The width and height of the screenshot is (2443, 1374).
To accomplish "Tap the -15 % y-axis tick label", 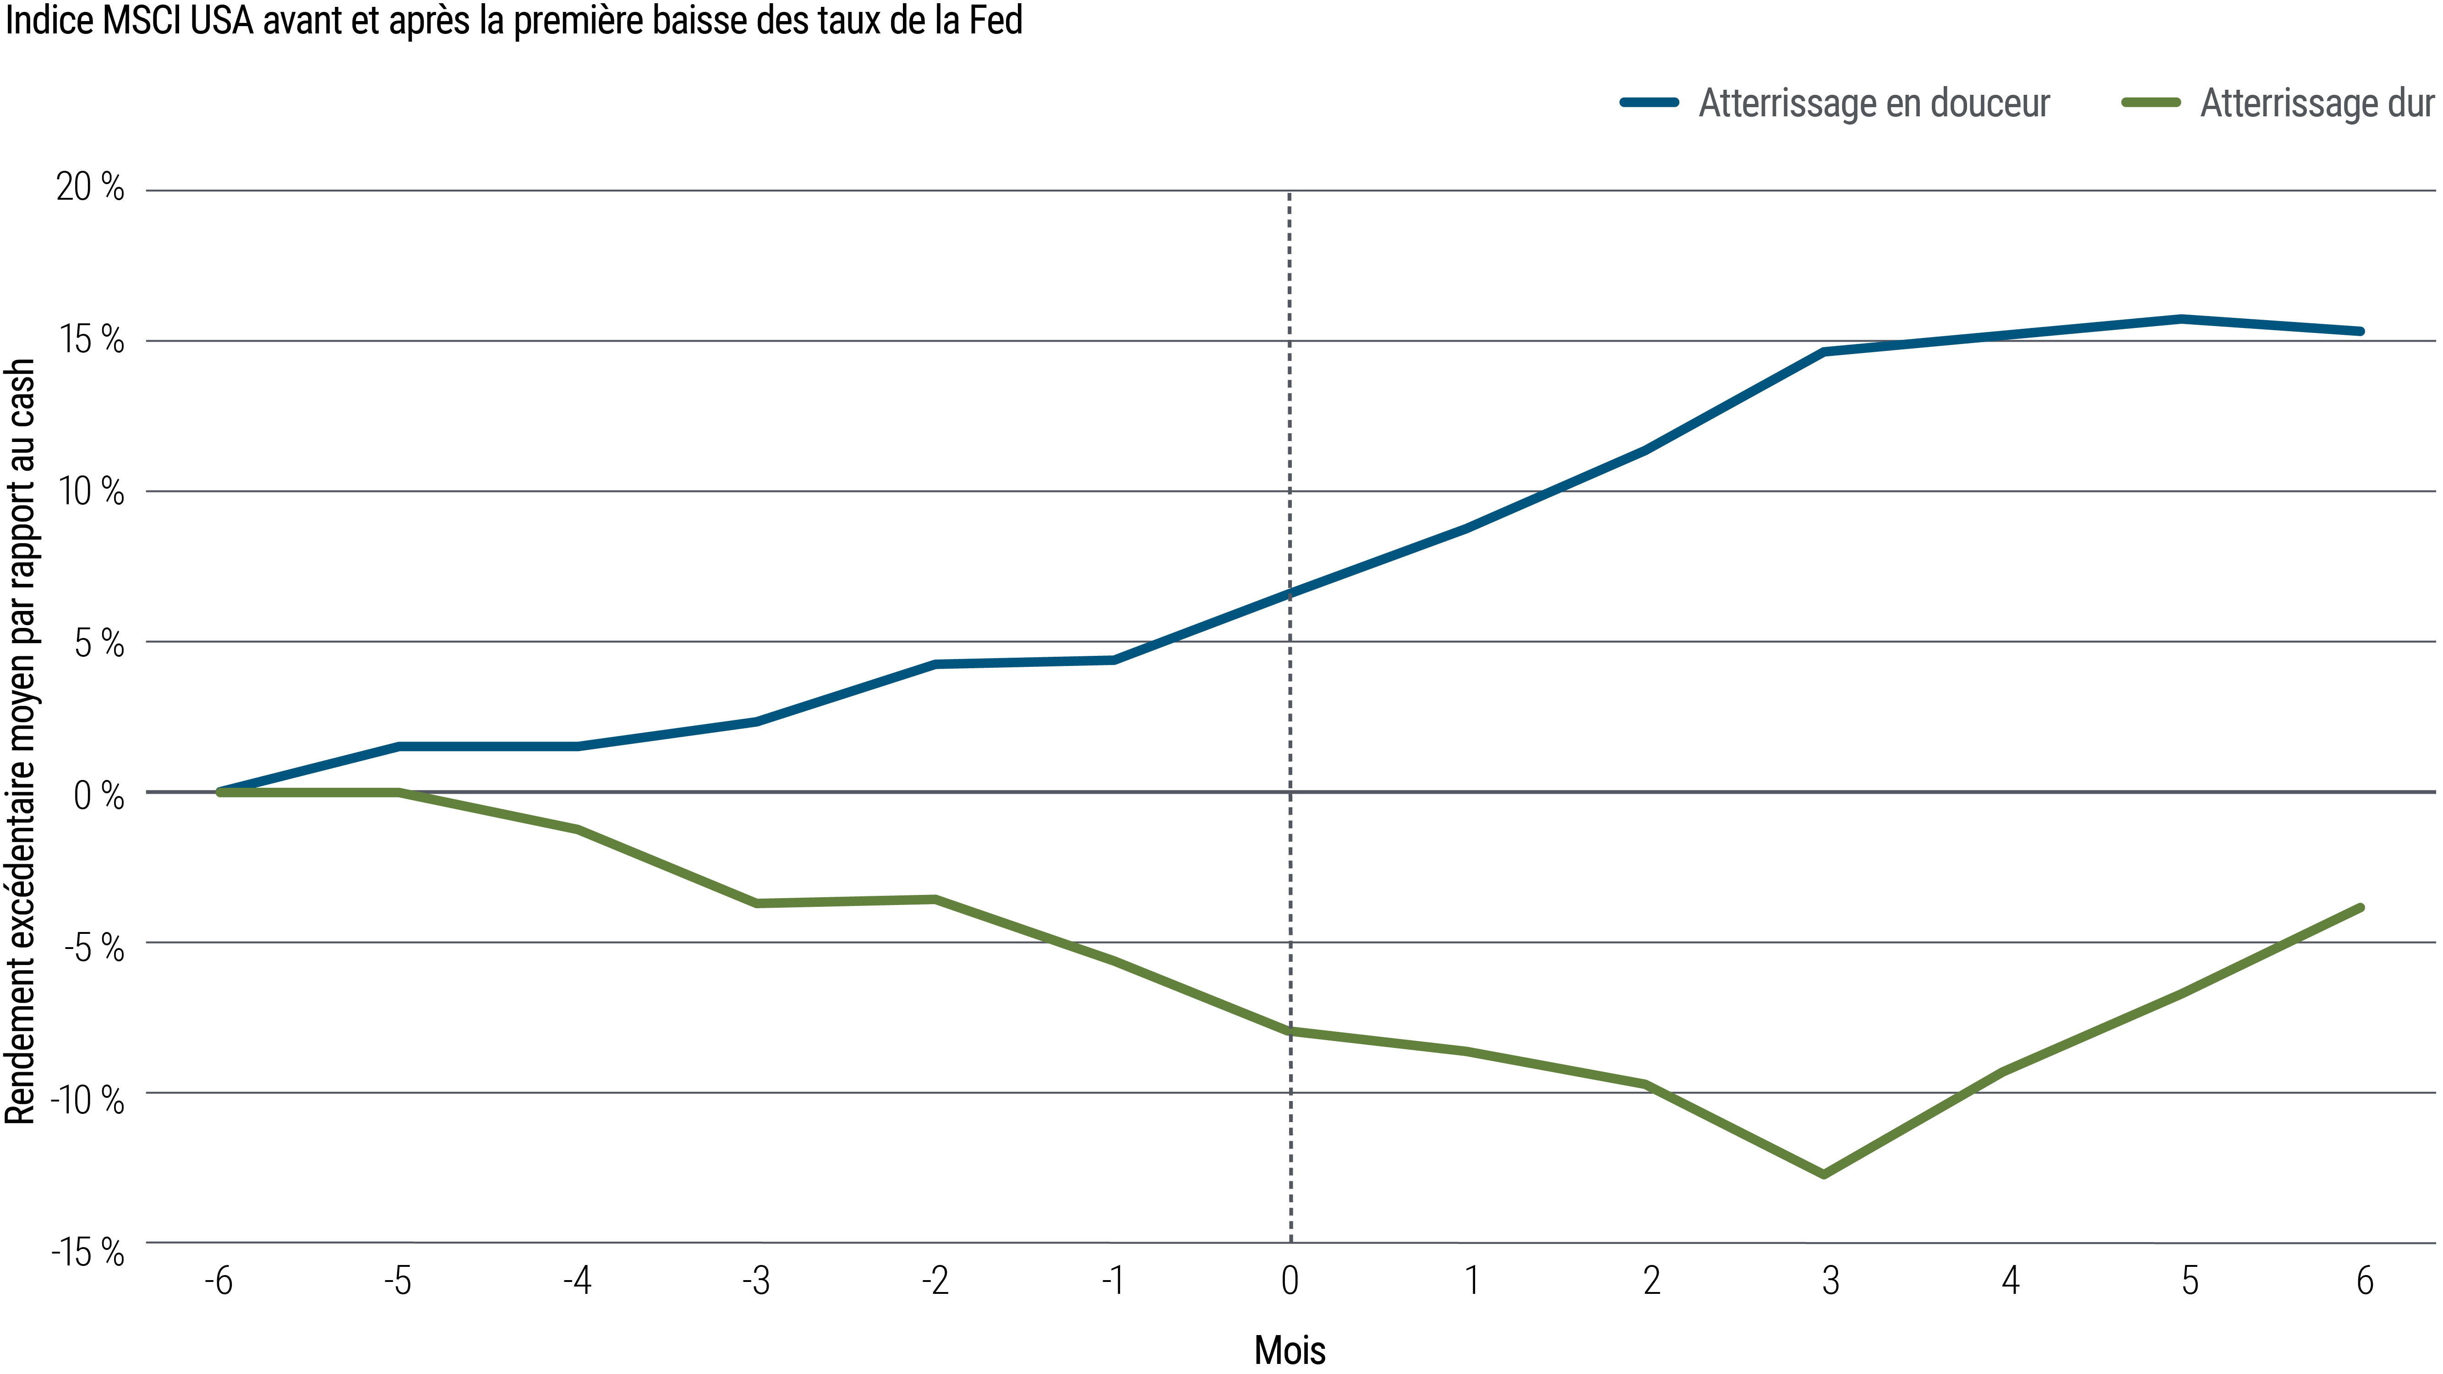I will tap(87, 1253).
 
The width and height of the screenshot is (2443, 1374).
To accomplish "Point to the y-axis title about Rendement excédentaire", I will tap(21, 740).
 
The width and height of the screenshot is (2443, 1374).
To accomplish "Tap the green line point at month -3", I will tap(757, 903).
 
